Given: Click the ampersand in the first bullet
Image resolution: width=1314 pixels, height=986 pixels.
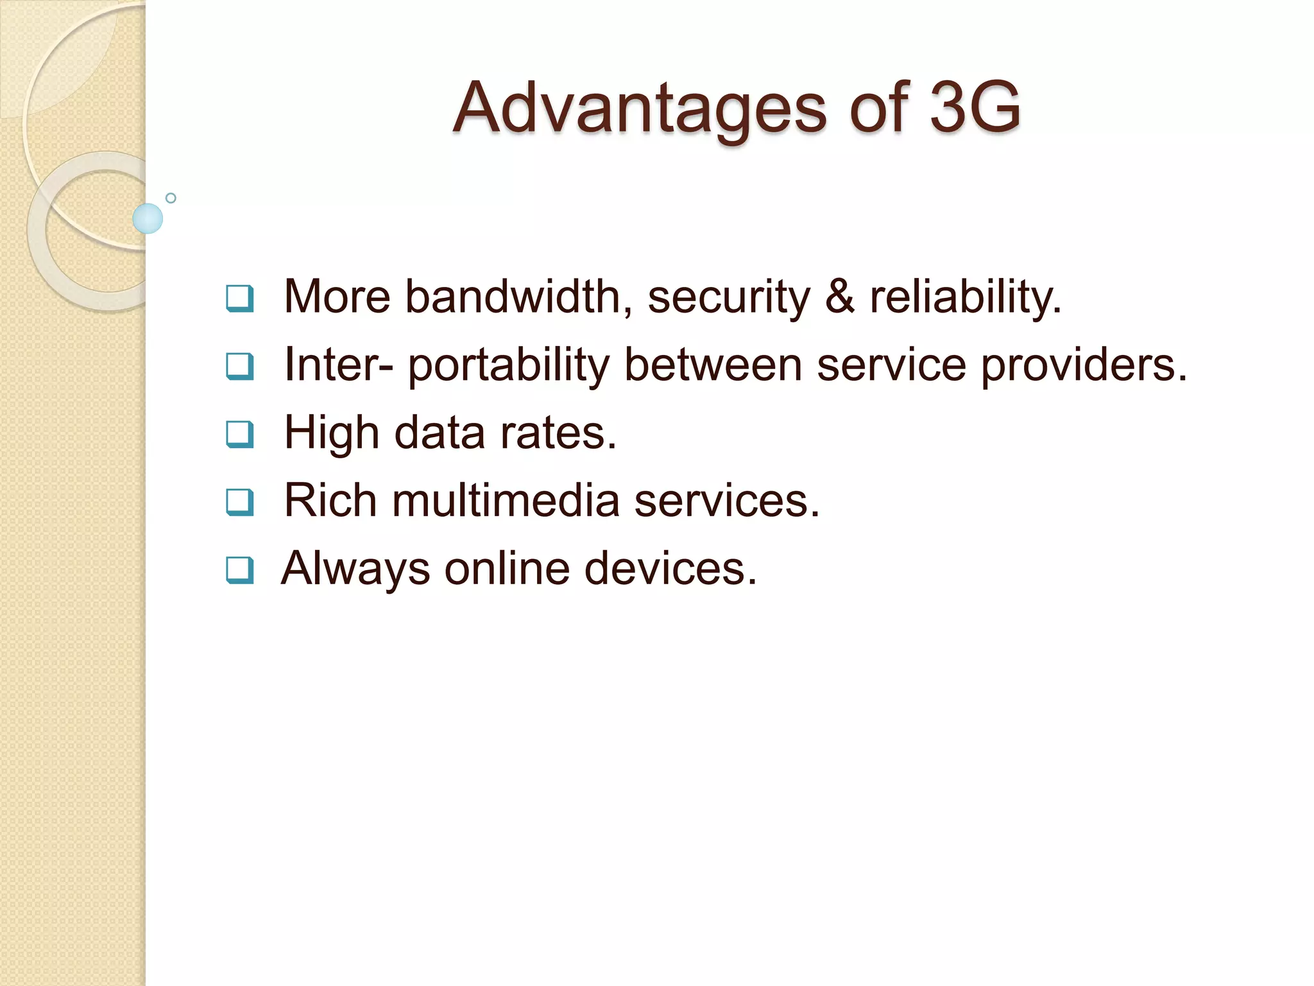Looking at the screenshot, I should click(839, 297).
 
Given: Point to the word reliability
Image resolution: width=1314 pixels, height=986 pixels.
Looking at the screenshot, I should click(965, 298).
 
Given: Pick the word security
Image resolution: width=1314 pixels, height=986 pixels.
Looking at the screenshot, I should click(729, 298).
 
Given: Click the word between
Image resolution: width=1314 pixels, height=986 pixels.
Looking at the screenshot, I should click(713, 365).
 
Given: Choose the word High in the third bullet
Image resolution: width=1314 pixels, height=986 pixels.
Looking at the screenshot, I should click(332, 433).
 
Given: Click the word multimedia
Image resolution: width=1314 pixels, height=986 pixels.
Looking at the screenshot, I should click(506, 501).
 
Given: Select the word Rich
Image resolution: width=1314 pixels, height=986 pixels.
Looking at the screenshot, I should click(330, 501).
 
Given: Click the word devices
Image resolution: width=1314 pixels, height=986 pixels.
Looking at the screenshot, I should click(670, 569).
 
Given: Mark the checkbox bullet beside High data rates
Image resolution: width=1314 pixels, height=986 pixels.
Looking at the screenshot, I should click(240, 435).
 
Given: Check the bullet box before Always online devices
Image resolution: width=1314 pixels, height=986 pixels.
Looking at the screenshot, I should click(240, 570).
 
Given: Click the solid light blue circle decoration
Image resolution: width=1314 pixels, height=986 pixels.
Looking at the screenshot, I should click(148, 218).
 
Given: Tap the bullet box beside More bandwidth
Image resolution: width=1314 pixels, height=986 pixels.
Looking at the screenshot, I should click(240, 298).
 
